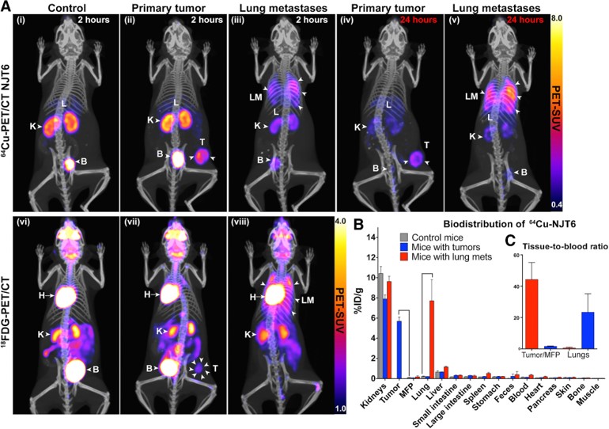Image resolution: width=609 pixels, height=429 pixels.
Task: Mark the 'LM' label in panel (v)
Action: (471, 96)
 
